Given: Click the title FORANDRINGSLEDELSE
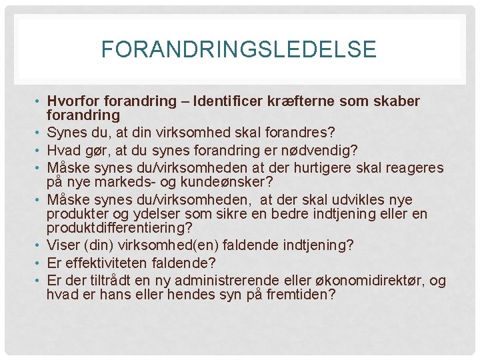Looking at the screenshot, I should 239,49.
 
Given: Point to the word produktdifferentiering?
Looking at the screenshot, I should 119,228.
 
